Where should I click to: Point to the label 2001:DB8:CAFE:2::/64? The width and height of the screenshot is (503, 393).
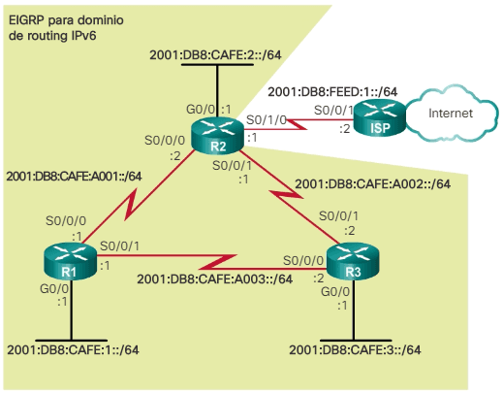(x=215, y=54)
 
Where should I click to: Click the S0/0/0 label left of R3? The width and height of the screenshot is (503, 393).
(x=303, y=260)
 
